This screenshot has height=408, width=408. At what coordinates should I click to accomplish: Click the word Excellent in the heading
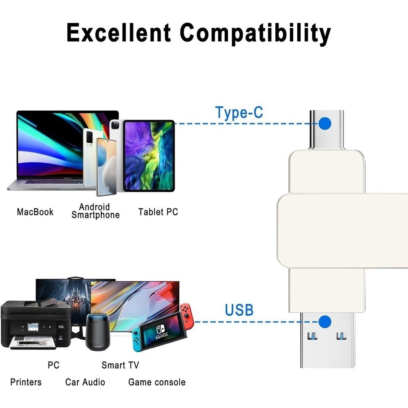119,33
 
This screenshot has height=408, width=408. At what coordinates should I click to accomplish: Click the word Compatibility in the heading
255,34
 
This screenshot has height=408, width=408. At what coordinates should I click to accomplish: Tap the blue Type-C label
239,112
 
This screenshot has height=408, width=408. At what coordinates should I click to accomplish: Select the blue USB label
239,310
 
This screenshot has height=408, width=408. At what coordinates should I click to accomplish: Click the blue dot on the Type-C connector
325,124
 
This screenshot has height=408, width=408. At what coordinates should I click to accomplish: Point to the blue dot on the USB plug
325,322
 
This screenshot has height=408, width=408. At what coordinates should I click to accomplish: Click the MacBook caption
35,212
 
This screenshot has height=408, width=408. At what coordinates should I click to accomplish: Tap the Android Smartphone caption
96,211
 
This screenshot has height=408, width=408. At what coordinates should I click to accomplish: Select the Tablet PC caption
158,212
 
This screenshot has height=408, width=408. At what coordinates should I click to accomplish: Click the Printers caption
26,382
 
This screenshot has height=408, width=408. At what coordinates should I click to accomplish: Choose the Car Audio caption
85,382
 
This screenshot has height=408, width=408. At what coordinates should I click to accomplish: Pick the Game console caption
157,382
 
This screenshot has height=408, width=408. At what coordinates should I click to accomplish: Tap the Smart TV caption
120,365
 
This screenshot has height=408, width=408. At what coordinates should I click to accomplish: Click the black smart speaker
98,332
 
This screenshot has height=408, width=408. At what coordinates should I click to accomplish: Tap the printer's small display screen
33,326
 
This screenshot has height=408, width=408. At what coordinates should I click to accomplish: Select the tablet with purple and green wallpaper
149,156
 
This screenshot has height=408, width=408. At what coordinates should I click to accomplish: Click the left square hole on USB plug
312,336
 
